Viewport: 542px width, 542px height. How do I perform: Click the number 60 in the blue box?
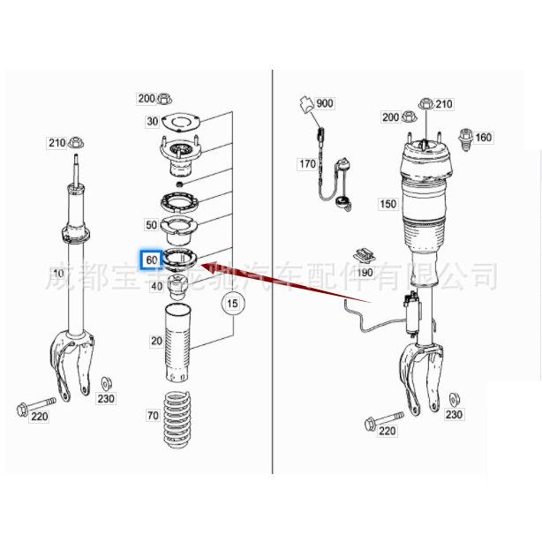(152, 260)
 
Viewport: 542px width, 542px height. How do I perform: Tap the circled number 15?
(232, 305)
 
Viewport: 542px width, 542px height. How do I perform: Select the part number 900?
(324, 103)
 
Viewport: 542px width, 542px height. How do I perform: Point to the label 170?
(306, 164)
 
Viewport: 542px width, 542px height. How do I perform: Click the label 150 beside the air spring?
(388, 204)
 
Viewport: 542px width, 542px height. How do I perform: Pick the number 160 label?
(484, 137)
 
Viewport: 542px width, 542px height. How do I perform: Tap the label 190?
(365, 273)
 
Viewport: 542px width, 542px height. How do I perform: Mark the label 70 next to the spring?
(153, 415)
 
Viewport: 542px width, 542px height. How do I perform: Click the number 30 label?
(153, 122)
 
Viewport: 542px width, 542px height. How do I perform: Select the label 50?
(152, 225)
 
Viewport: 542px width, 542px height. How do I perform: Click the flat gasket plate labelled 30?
(184, 122)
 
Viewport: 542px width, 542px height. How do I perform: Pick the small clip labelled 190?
(363, 253)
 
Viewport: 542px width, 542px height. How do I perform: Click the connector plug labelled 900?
(305, 105)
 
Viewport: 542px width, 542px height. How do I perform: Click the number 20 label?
(156, 341)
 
